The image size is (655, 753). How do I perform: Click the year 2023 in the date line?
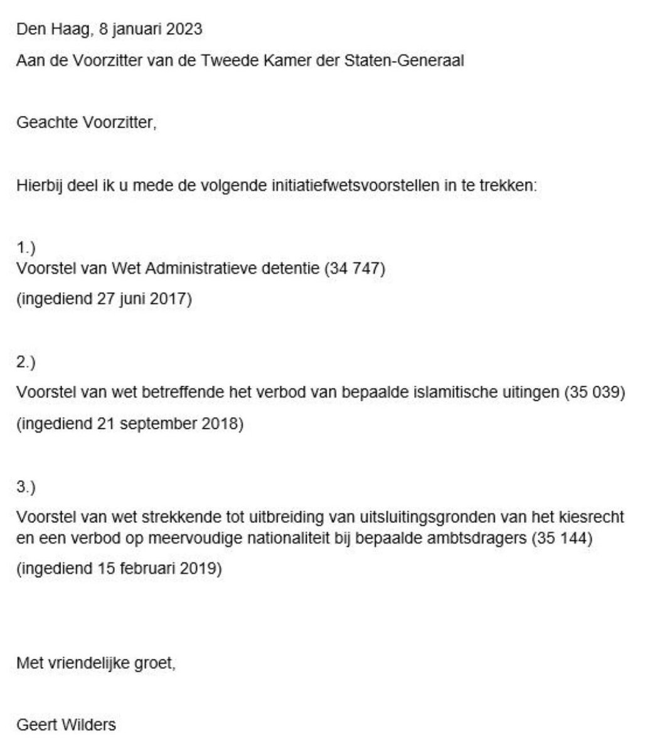click(x=186, y=29)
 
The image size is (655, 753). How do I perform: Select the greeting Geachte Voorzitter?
click(x=86, y=122)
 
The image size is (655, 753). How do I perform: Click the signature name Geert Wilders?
click(x=66, y=725)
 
